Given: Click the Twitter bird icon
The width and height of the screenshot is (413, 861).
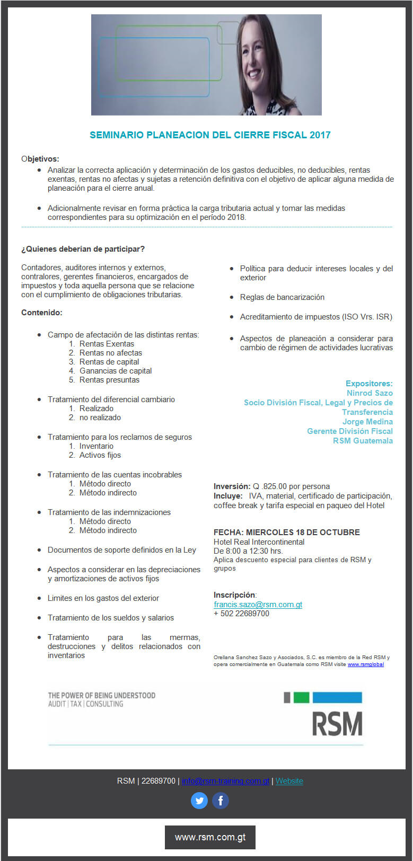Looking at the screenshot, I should coord(199,800).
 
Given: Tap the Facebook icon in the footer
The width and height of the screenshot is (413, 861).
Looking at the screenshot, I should coord(221,800).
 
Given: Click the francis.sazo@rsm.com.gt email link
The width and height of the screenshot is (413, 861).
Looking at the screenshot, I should coord(258,605).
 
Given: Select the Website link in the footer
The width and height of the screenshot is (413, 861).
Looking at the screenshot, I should coord(289,781).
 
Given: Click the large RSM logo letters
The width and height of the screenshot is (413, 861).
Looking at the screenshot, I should coord(337,724).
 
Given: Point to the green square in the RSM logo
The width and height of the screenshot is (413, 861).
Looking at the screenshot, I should coord(301,697).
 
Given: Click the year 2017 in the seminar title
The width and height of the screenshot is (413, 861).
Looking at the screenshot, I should coord(320,135).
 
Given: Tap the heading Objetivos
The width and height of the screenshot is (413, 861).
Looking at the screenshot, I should coord(40,159).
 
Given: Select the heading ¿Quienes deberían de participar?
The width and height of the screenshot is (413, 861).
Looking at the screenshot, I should coord(83,249).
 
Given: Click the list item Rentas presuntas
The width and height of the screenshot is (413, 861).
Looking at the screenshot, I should coord(109,380).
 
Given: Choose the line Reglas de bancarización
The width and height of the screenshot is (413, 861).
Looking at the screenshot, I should coord(282,297).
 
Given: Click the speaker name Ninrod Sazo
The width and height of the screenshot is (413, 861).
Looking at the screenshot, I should coord(370,393).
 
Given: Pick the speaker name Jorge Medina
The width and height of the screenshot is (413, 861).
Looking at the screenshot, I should coord(367,422).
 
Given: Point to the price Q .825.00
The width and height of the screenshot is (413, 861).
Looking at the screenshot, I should coord(270,486).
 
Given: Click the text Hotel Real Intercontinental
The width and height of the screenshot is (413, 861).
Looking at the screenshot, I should coord(259,542).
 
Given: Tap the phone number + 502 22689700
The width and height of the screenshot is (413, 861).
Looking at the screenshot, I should coord(241,614).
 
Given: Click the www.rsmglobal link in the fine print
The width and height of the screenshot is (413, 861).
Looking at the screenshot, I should coord(366,664).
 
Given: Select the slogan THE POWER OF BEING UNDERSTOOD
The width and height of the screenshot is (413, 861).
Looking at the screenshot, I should coord(102,695).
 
